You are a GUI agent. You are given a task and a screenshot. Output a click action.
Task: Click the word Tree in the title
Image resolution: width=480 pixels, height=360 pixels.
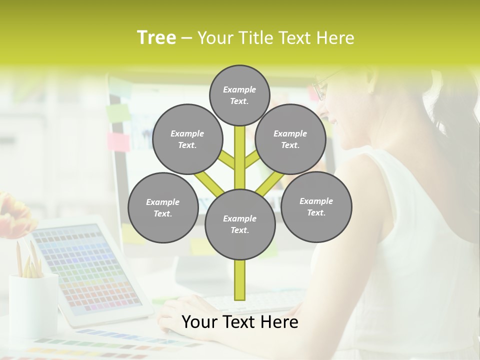click(x=156, y=37)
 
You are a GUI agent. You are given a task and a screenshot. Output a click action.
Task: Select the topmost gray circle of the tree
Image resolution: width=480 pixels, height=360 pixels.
click(x=239, y=95)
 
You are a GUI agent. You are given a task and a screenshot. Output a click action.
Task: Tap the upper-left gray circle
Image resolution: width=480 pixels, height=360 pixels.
click(x=187, y=139)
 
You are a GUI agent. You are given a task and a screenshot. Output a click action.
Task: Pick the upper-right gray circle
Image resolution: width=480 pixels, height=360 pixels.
click(x=290, y=139)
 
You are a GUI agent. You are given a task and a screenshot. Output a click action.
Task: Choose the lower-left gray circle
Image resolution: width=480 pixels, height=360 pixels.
click(x=162, y=207)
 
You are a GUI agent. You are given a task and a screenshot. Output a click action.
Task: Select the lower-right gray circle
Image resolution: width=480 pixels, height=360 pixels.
click(x=316, y=206)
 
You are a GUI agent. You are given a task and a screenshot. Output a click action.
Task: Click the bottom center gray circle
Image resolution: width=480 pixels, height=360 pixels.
click(x=239, y=224)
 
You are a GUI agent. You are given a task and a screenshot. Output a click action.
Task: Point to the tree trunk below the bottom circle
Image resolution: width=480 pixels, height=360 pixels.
click(x=239, y=280)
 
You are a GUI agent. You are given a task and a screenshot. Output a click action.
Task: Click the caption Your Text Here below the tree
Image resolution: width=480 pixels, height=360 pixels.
click(x=239, y=322)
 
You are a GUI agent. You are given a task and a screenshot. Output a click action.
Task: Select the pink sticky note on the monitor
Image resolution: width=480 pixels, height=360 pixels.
click(x=118, y=141)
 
